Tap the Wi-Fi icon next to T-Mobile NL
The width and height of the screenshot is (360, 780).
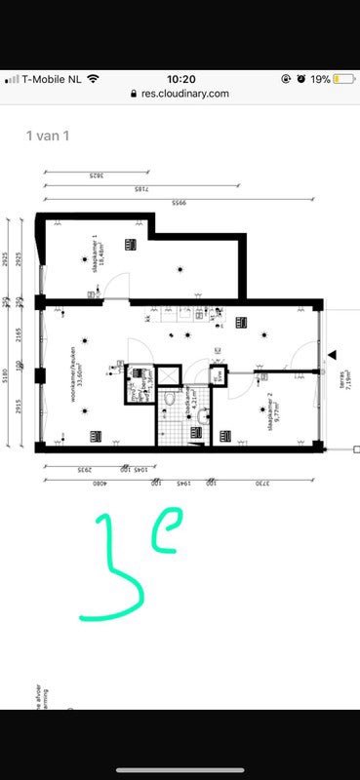tap(94, 78)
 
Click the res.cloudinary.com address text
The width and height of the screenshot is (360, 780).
tap(185, 94)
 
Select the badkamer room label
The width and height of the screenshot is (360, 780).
tap(193, 396)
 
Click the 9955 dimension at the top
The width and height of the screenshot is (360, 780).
tap(179, 202)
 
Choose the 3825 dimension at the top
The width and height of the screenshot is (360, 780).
tap(95, 175)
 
